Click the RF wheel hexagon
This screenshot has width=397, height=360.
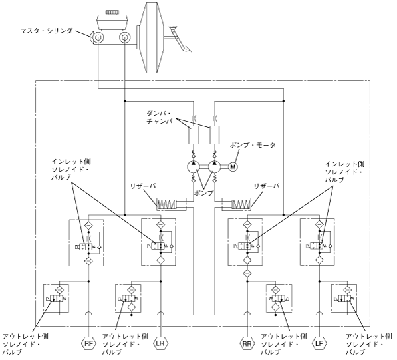coord(88,344)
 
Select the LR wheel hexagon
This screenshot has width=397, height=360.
coord(160,343)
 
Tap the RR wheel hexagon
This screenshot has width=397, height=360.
coord(247,344)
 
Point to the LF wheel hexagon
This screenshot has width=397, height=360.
coord(319,344)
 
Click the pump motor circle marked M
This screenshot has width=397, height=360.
coord(233,167)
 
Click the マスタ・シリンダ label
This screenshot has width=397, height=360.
coord(47,31)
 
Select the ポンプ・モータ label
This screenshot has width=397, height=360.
coord(253,145)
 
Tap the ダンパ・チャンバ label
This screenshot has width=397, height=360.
coord(160,117)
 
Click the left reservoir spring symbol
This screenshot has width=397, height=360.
coord(167,204)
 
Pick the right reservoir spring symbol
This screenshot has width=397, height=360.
coord(241,204)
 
